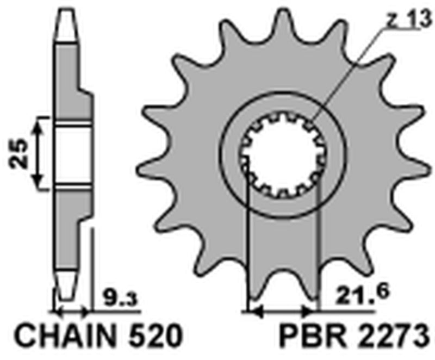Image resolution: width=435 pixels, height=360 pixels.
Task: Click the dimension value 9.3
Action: click(x=119, y=298)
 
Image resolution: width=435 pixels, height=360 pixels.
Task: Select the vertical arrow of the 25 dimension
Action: click(x=38, y=154)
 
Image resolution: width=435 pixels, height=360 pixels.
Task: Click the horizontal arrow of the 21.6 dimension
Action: click(x=281, y=312)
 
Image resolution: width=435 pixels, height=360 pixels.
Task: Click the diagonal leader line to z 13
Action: click(x=348, y=76)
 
